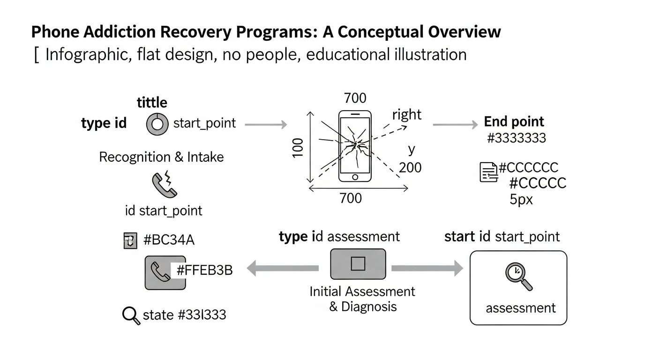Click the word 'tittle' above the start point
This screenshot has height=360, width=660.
click(x=151, y=102)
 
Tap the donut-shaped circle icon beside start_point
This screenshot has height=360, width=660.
click(x=157, y=124)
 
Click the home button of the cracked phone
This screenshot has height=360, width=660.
click(x=354, y=177)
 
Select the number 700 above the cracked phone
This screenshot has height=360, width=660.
click(x=355, y=98)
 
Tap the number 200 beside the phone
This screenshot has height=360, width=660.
click(x=410, y=167)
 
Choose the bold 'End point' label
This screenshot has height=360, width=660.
click(x=514, y=122)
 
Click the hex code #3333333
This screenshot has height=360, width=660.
click(x=517, y=138)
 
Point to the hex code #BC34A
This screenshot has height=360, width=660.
click(x=168, y=240)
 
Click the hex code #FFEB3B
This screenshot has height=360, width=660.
click(x=204, y=270)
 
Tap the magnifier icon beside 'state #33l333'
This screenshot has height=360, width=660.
click(x=131, y=315)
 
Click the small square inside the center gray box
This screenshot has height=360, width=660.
click(x=358, y=264)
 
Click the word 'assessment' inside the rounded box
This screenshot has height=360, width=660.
click(x=520, y=308)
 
